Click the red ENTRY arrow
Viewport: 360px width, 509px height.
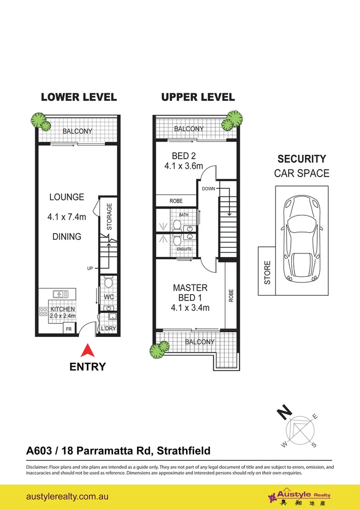coord(88,351)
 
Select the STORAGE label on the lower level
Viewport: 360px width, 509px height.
coord(109,217)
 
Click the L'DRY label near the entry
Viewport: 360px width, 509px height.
coord(109,329)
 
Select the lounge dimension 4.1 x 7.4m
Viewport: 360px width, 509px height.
coord(67,217)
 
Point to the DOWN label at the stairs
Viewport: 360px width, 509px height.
coord(209,188)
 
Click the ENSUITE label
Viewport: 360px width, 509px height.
coord(184,249)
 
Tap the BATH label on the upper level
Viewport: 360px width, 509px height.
coord(183,215)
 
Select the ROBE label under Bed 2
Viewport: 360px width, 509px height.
coord(176,201)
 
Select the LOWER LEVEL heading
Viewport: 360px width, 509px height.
coord(78,97)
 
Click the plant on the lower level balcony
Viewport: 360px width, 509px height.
coord(40,120)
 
